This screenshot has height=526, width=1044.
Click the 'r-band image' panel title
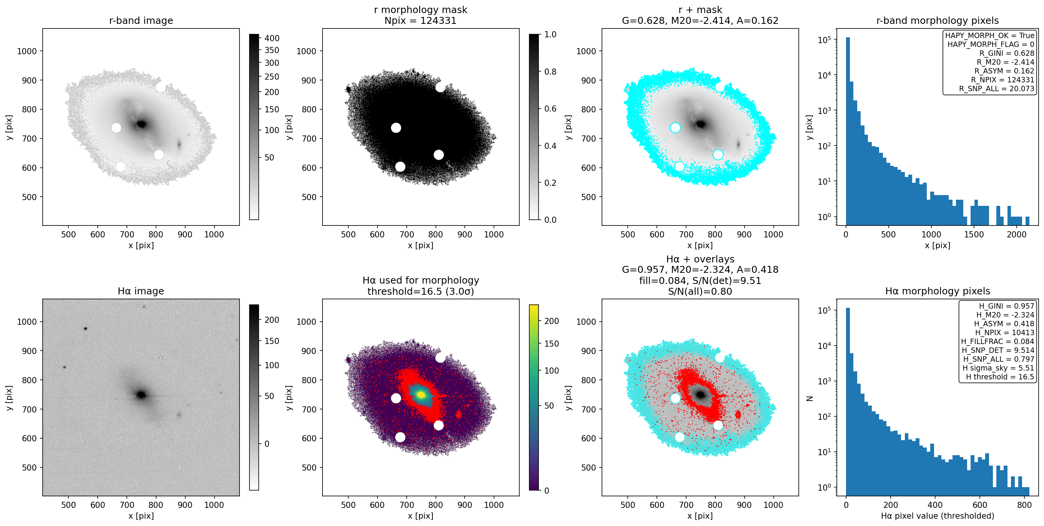pos(141,20)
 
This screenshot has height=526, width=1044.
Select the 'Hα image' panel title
pos(141,291)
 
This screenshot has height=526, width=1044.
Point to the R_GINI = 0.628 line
pos(1007,53)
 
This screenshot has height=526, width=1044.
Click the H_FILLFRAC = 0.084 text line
pos(997,341)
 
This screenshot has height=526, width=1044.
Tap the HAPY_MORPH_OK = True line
pos(990,36)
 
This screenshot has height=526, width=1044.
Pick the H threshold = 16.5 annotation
pos(1000,377)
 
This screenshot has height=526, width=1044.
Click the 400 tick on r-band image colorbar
pos(272,38)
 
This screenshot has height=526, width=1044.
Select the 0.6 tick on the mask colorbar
pos(550,109)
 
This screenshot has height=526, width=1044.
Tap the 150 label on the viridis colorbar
pos(552,344)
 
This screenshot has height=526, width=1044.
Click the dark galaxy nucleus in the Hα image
pos(141,394)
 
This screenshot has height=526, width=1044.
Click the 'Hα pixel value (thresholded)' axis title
pos(938,516)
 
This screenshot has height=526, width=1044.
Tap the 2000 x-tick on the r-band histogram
pos(1016,234)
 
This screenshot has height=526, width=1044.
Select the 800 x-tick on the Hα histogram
pos(1024,505)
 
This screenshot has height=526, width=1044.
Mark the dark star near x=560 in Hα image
pos(85,329)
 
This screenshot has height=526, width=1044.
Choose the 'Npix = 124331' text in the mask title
pos(420,20)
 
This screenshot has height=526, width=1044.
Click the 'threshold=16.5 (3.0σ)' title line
pos(421,291)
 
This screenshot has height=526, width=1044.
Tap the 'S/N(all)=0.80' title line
pos(700,291)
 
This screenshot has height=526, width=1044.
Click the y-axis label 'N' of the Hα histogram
pos(810,398)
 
